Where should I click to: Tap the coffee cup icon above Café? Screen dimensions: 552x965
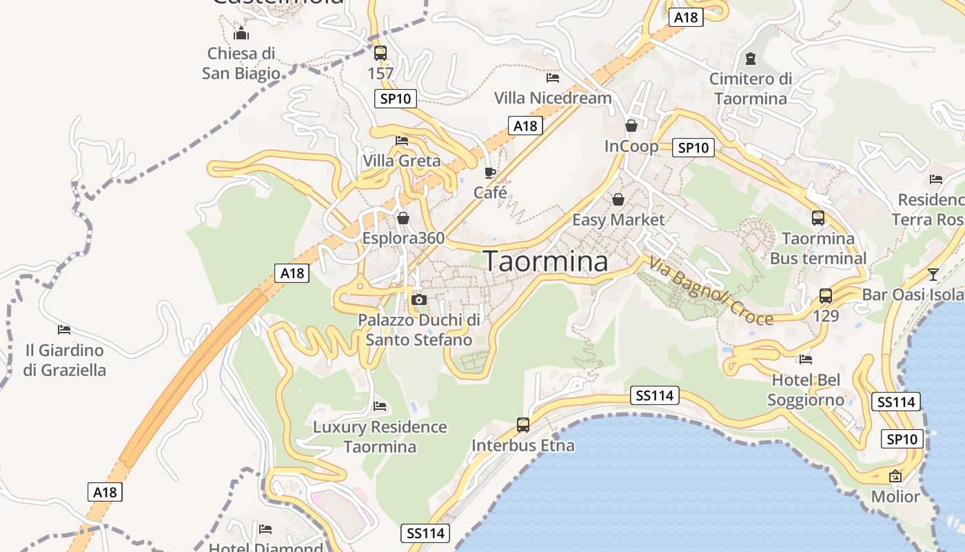(x=490, y=172)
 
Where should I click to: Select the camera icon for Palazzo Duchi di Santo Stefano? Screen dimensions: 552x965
(x=418, y=299)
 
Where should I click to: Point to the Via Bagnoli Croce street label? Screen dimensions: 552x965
(x=710, y=290)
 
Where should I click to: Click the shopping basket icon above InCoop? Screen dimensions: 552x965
(x=631, y=126)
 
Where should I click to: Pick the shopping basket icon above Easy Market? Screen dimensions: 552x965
(x=618, y=199)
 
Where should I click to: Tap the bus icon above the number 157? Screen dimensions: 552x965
(x=380, y=52)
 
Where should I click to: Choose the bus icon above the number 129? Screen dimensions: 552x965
(x=826, y=296)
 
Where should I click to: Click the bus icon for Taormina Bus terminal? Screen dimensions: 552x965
(x=818, y=218)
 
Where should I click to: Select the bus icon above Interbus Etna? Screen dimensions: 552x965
(x=523, y=424)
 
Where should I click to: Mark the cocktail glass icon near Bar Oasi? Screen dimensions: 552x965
(x=933, y=274)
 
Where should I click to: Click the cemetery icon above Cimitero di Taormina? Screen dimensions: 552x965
(x=750, y=59)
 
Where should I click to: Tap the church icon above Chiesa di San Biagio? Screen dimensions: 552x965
(x=241, y=32)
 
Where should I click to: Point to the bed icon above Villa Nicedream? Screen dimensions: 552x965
(x=553, y=77)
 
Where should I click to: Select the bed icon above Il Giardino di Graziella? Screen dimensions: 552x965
(x=64, y=329)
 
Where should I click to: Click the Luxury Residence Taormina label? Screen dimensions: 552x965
(x=380, y=437)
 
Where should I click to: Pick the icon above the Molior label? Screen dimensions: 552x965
(x=895, y=476)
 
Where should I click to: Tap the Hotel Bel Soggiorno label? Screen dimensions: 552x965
(x=806, y=390)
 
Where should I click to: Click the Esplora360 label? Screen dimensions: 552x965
(x=403, y=238)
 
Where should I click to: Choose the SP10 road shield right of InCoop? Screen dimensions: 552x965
(x=693, y=147)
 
